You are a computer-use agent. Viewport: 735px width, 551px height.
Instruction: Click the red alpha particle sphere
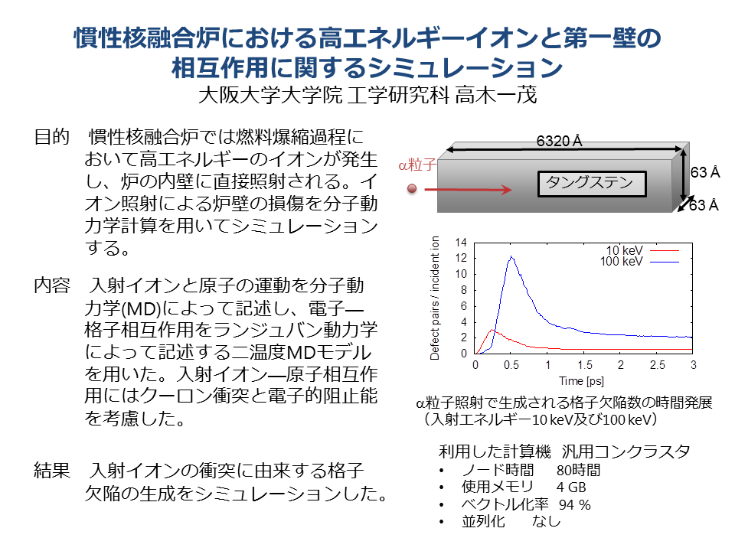tap(412, 189)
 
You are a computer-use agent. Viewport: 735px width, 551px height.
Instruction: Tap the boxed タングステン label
tap(592, 184)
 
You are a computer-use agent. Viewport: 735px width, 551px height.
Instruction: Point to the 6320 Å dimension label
tap(559, 141)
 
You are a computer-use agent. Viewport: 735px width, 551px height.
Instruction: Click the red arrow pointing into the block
tap(468, 189)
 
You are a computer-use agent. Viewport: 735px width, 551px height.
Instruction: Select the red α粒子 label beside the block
tap(416, 165)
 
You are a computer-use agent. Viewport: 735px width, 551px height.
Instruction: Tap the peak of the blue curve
tap(511, 256)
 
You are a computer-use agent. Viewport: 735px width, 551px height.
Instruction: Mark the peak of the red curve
tap(492, 330)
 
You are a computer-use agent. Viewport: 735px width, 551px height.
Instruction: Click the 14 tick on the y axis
tap(461, 243)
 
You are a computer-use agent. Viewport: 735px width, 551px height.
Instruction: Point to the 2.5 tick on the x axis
tap(657, 365)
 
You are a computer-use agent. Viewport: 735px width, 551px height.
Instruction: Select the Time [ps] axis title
tap(581, 381)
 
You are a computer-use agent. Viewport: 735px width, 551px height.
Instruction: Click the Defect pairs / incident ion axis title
tap(435, 298)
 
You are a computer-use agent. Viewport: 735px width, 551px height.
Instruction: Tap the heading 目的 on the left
tap(51, 137)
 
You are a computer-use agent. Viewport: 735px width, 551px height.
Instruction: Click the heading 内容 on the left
tap(51, 285)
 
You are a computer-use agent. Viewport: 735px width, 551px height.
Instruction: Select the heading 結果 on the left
tap(51, 470)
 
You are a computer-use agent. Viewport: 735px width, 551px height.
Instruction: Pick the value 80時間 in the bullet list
tap(579, 470)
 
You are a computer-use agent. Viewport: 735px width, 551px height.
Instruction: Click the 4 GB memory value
tap(571, 487)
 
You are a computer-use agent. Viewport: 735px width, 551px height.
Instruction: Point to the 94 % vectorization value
tap(575, 504)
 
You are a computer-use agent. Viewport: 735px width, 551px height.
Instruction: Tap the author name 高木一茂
tap(496, 95)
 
